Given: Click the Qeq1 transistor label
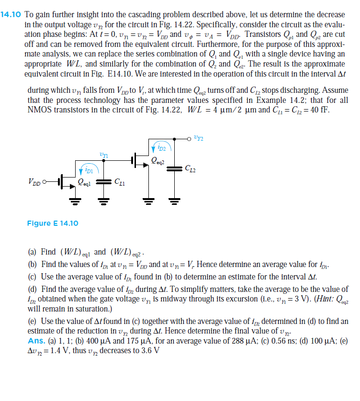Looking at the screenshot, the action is [x=86, y=183].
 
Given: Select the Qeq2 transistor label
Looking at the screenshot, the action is [x=158, y=161].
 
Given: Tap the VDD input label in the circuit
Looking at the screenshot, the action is [x=34, y=182].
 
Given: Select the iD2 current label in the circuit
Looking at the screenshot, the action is [x=159, y=148].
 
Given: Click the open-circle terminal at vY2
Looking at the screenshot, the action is [x=190, y=138].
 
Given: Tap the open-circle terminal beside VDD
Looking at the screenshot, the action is [x=46, y=182].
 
